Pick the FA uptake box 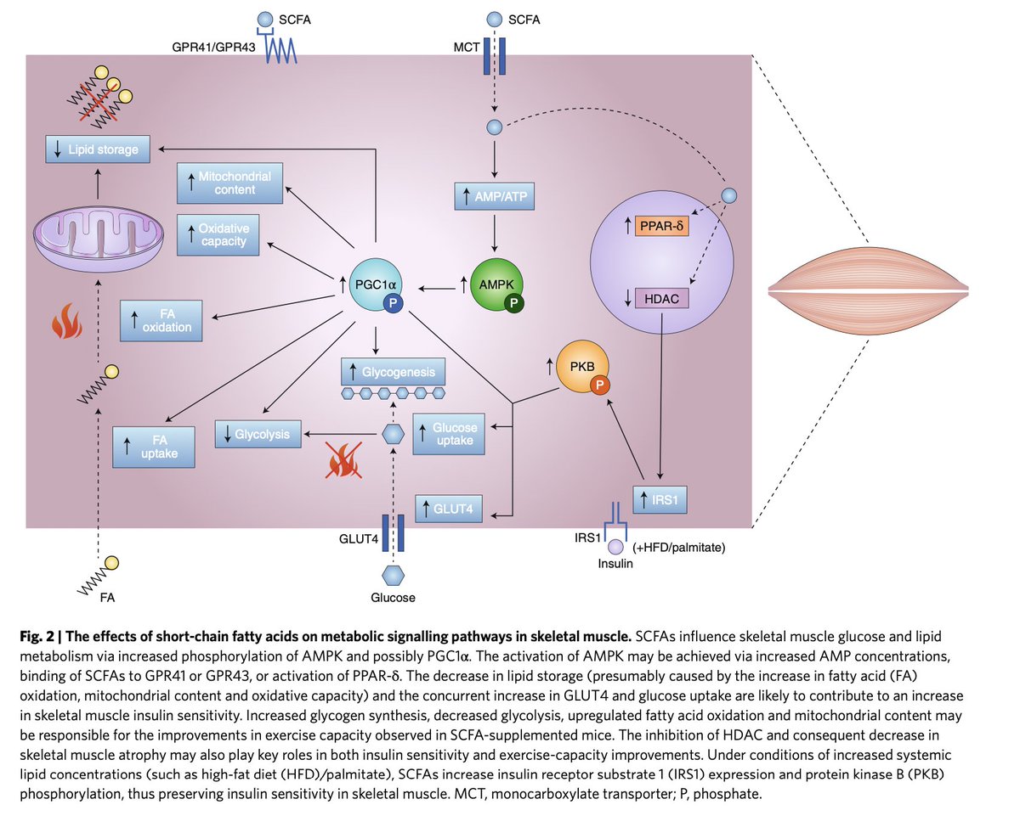point(155,446)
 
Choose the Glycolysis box point(258,434)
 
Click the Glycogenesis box point(392,372)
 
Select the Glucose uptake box point(448,435)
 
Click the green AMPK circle point(497,286)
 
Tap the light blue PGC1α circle point(377,286)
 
